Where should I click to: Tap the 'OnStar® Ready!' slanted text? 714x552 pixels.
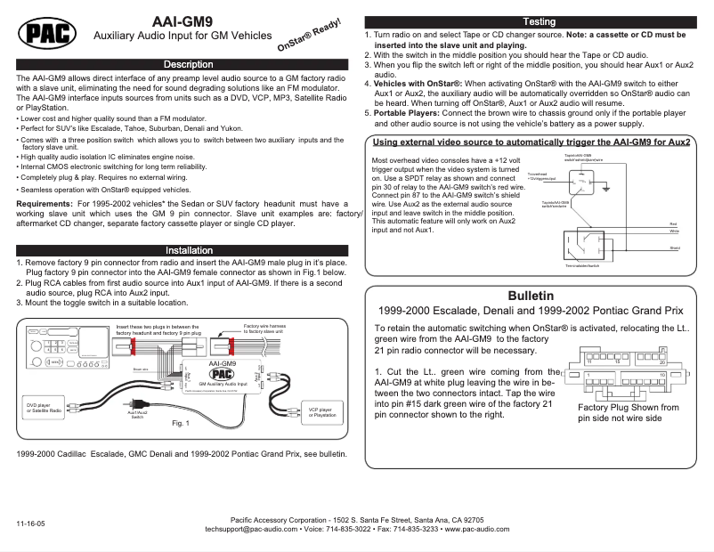pyautogui.click(x=310, y=35)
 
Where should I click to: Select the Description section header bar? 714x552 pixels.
pyautogui.click(x=188, y=64)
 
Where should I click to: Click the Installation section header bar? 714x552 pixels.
pyautogui.click(x=188, y=251)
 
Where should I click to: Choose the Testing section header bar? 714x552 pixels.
pyautogui.click(x=539, y=21)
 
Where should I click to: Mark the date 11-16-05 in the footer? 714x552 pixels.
pyautogui.click(x=29, y=524)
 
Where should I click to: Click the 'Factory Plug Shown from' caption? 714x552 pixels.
pyautogui.click(x=628, y=408)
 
